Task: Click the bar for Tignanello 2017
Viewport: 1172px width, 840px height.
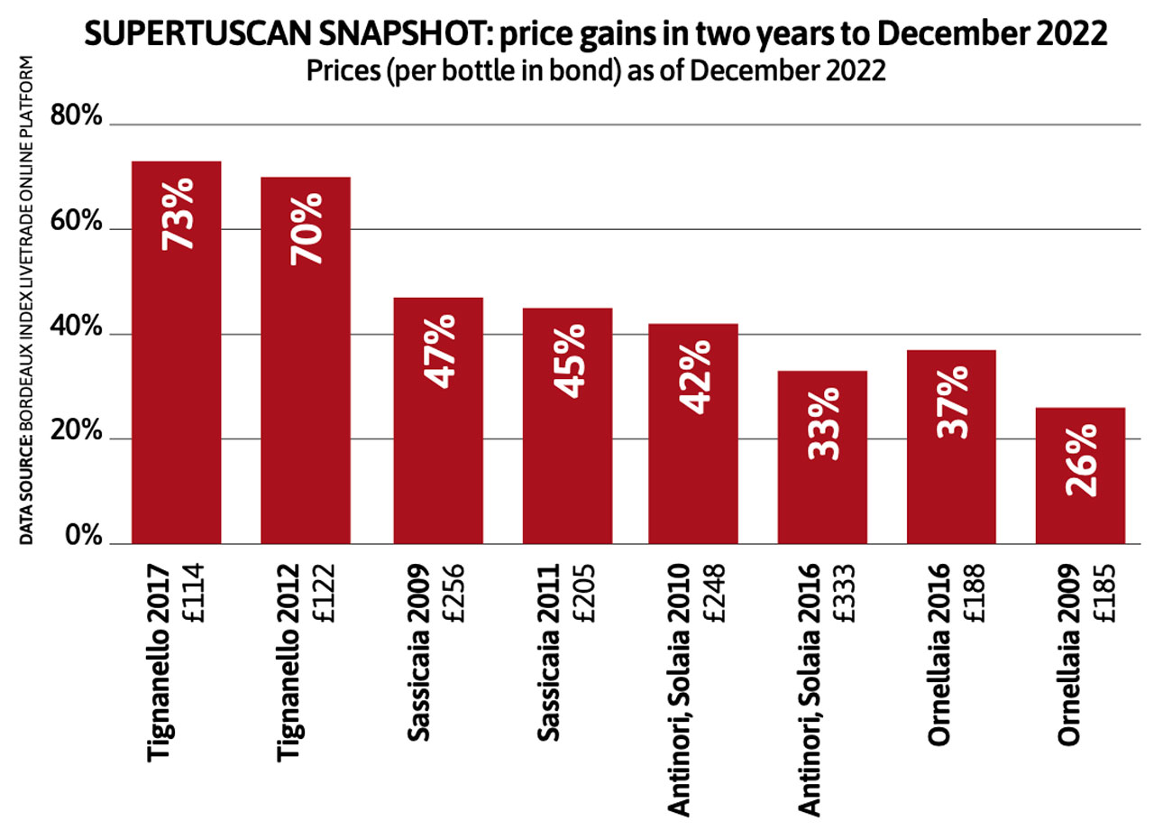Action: click(x=177, y=352)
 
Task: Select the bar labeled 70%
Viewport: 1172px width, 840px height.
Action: click(x=306, y=361)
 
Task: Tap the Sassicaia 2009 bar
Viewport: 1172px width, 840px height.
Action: click(x=438, y=420)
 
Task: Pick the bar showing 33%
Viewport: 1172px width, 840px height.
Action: click(x=822, y=457)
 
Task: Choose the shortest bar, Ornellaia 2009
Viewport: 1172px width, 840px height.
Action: click(x=1080, y=475)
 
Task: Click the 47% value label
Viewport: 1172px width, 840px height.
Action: click(x=440, y=351)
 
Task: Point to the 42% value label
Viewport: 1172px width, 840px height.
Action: click(x=694, y=376)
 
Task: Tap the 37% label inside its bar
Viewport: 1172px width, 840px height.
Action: click(x=952, y=401)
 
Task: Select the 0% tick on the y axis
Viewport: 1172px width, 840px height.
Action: click(x=84, y=538)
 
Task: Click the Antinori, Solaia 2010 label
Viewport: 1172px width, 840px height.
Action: click(x=680, y=690)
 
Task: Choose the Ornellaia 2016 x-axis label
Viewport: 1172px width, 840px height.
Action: click(x=939, y=654)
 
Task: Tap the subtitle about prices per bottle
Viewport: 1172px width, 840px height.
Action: click(x=596, y=70)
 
